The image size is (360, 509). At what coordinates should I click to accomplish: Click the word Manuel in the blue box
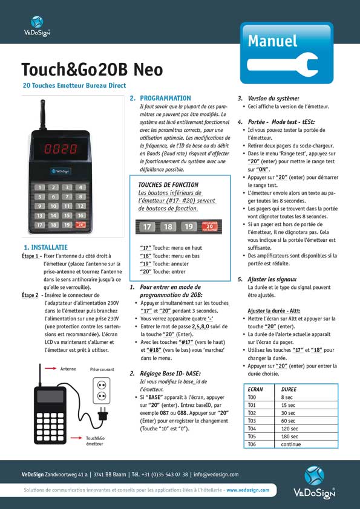[x=272, y=41]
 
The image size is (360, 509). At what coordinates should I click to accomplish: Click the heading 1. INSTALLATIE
[x=45, y=247]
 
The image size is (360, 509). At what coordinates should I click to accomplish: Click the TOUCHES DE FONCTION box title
[x=168, y=184]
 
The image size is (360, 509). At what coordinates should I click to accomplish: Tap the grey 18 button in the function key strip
[x=168, y=227]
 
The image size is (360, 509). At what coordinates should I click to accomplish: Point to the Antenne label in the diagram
[x=68, y=367]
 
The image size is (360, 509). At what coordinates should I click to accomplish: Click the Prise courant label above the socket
[x=102, y=368]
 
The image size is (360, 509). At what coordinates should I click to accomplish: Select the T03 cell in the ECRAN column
[x=252, y=420]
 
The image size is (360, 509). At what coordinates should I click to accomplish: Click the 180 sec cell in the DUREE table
[x=290, y=436]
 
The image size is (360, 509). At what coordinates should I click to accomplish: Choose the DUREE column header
[x=289, y=389]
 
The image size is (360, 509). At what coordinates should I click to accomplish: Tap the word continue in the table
[x=291, y=444]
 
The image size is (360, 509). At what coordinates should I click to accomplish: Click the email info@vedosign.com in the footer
[x=215, y=475]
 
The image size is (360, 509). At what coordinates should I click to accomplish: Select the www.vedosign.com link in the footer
[x=249, y=490]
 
